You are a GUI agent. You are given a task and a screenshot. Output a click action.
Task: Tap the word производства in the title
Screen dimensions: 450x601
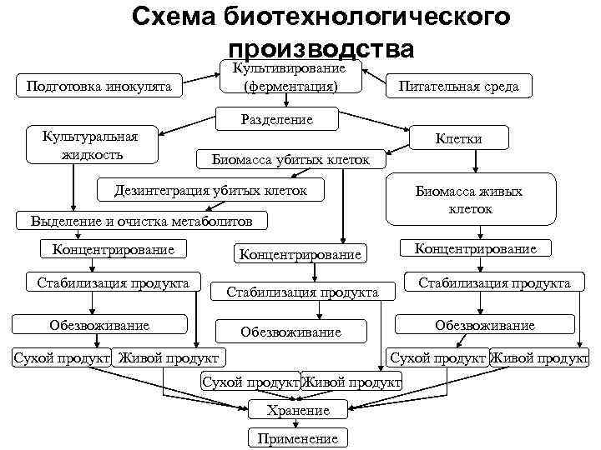point(320,49)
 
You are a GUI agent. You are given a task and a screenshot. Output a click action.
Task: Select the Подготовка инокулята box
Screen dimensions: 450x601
point(99,86)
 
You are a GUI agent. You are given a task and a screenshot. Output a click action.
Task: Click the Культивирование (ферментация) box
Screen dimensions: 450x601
point(290,77)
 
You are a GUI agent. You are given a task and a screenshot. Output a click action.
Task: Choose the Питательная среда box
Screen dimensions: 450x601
point(458,86)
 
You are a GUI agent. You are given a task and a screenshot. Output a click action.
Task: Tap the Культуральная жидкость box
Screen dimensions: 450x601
point(93,144)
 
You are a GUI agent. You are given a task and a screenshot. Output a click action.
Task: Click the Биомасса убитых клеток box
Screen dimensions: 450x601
point(290,158)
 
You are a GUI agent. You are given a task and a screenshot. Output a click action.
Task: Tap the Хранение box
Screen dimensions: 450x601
point(298,410)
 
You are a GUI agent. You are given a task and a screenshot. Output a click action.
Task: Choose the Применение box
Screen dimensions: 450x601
point(298,438)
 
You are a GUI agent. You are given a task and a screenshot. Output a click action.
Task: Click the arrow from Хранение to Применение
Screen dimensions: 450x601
point(298,424)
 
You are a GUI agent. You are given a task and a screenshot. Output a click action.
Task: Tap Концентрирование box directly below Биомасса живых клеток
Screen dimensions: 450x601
point(475,248)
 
